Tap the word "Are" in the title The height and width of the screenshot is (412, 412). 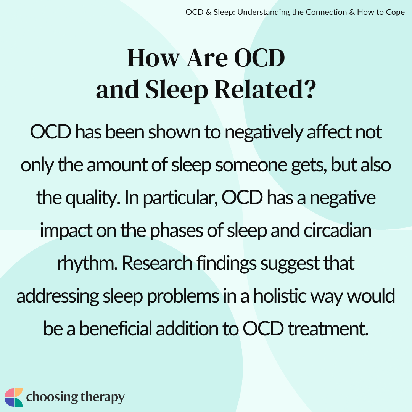pos(207,58)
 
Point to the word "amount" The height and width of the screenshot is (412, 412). pos(117,165)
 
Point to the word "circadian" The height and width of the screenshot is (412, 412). pos(338,230)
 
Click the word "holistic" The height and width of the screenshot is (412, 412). pos(280,296)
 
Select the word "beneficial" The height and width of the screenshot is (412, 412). pos(116,328)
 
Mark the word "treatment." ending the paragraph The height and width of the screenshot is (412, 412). pos(328,329)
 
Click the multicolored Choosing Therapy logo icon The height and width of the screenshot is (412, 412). pos(14,397)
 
